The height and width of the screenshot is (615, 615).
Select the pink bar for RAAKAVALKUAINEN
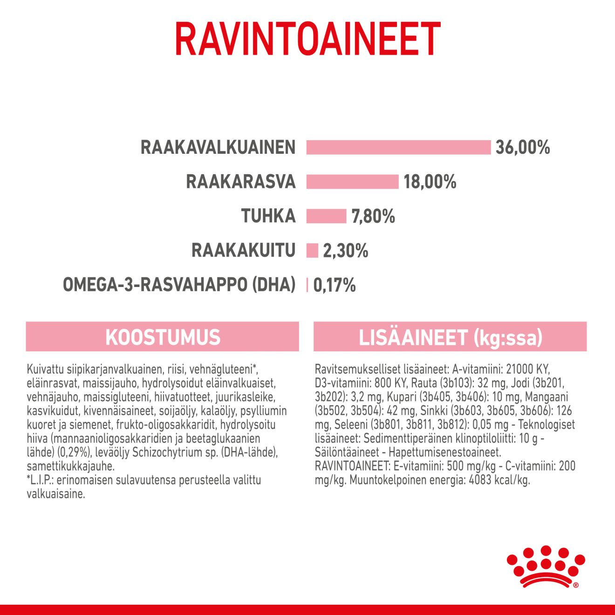click(398, 147)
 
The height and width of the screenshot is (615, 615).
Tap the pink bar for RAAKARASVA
click(352, 182)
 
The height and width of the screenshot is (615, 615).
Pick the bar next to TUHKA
click(326, 216)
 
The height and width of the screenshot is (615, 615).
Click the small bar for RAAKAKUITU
click(312, 251)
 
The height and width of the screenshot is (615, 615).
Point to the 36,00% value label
click(523, 147)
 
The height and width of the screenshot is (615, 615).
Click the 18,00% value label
click(430, 182)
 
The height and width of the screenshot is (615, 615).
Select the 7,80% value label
click(373, 216)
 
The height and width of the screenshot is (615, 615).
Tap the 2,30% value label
click(345, 251)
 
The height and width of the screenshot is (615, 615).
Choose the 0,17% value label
click(334, 285)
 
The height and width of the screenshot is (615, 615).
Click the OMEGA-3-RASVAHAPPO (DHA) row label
click(179, 285)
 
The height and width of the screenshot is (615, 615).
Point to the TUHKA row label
click(268, 216)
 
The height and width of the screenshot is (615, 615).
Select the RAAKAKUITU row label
click(243, 251)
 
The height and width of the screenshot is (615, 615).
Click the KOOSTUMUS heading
click(163, 337)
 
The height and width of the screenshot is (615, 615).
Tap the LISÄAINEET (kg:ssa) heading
click(450, 337)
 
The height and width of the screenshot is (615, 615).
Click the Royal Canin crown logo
click(546, 567)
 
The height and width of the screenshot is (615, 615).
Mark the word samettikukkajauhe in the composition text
click(70, 466)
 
